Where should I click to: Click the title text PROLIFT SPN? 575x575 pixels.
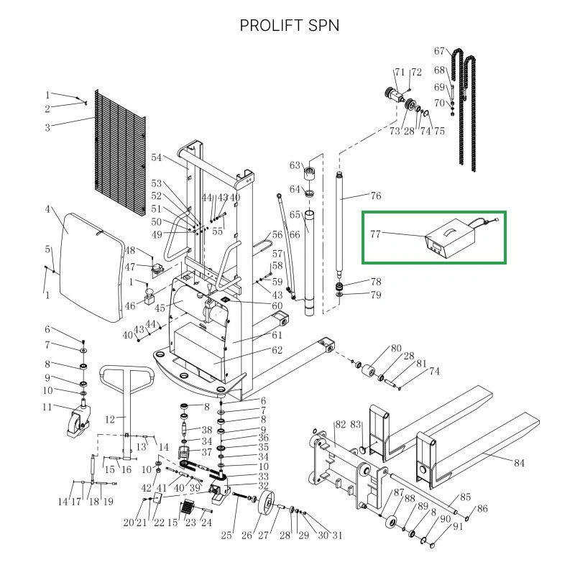click(x=290, y=25)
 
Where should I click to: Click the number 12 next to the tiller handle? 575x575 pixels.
click(x=111, y=419)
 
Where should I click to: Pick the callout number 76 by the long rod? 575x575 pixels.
click(x=375, y=195)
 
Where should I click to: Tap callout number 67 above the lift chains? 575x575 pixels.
click(x=440, y=51)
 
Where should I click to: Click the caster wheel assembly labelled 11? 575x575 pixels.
click(x=75, y=421)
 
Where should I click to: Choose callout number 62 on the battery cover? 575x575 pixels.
click(x=277, y=351)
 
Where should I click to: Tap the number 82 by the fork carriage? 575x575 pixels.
click(x=341, y=425)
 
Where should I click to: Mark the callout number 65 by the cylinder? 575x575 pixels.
click(x=295, y=215)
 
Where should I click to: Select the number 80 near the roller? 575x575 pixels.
click(x=396, y=349)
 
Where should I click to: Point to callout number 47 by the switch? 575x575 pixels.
click(x=130, y=267)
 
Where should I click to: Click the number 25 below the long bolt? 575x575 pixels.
click(x=227, y=534)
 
